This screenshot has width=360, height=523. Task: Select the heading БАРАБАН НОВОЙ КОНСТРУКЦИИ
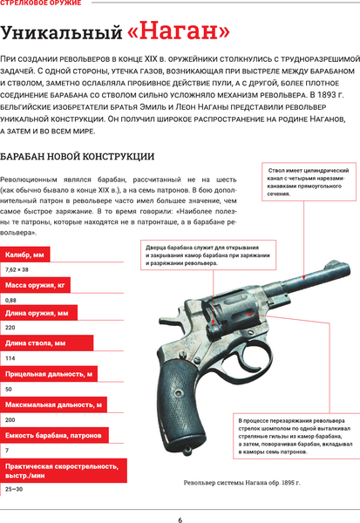pos(78,157)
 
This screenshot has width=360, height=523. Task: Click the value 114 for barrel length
pos(10,358)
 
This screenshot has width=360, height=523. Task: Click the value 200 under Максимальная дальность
pos(10,419)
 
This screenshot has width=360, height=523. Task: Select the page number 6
pos(180,520)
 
